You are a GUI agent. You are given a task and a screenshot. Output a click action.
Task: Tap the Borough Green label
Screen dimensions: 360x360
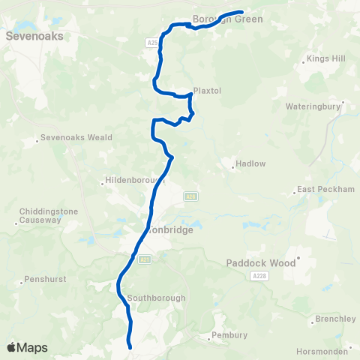[x=228, y=19]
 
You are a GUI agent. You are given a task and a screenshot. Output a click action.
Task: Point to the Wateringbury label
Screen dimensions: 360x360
[x=313, y=106]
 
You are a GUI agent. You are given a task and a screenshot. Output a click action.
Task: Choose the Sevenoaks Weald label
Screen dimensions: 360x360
[x=76, y=137]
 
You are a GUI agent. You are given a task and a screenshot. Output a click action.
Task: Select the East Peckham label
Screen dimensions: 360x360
[x=325, y=189]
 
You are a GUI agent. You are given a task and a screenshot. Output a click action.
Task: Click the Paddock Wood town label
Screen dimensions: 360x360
[x=261, y=263]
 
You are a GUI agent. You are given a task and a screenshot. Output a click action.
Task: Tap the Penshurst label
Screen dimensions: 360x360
[x=46, y=279]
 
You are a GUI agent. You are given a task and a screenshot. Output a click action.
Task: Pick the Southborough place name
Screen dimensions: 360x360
[x=156, y=298]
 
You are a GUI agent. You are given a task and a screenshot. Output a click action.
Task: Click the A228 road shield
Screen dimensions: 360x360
[x=259, y=277]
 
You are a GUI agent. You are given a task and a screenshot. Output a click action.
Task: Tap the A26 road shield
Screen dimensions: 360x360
[x=190, y=197]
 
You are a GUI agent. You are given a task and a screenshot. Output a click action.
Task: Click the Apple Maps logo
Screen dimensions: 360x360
[x=27, y=348]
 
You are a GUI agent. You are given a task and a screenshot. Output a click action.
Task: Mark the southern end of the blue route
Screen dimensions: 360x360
[x=130, y=347]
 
